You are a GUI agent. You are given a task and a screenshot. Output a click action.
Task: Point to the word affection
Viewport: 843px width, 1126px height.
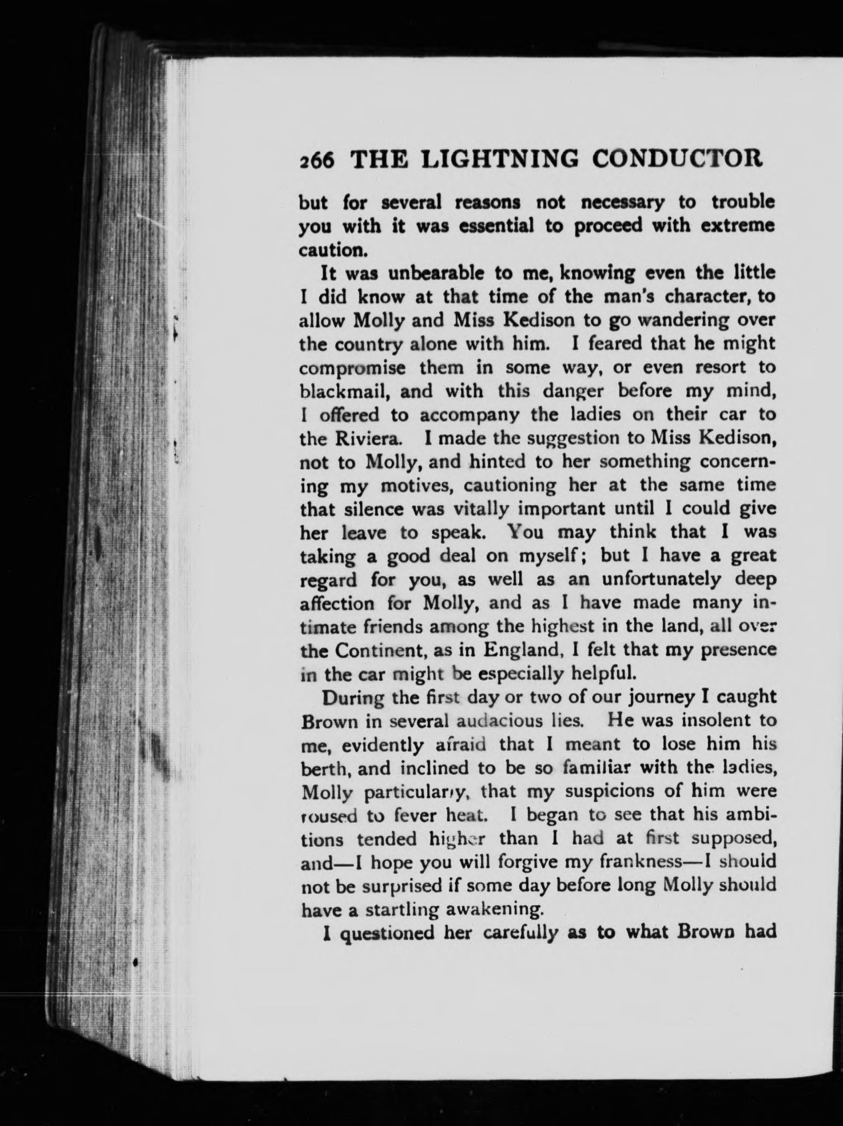(337, 603)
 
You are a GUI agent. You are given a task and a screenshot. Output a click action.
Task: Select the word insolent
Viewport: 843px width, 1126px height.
(705, 721)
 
